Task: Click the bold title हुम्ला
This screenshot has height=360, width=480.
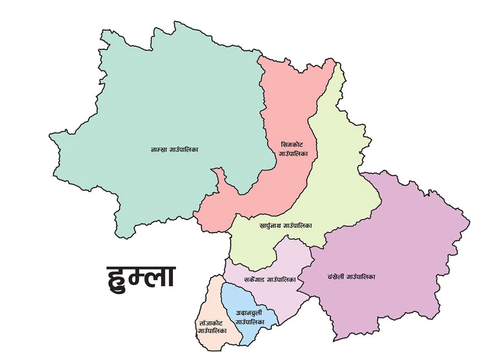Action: [x=141, y=277]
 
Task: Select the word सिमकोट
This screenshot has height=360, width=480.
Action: [x=293, y=145]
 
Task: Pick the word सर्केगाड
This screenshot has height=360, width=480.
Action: [x=255, y=279]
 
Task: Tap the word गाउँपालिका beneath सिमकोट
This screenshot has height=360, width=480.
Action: [x=293, y=154]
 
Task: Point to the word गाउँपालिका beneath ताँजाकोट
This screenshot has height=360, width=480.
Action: [x=212, y=331]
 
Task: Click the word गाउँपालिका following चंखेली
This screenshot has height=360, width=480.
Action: [x=363, y=277]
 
